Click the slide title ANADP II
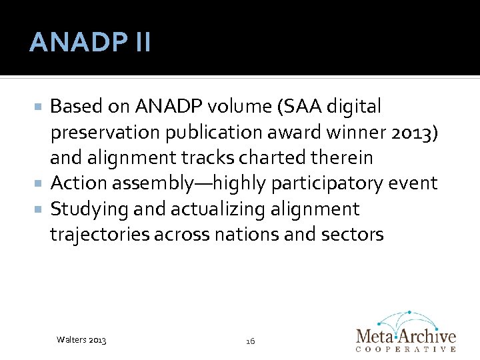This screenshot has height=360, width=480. click(x=90, y=43)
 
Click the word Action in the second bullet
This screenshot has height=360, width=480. click(x=79, y=183)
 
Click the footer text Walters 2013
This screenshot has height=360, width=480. click(x=81, y=341)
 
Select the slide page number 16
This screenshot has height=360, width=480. click(x=250, y=341)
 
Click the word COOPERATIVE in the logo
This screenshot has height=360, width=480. click(x=407, y=349)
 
